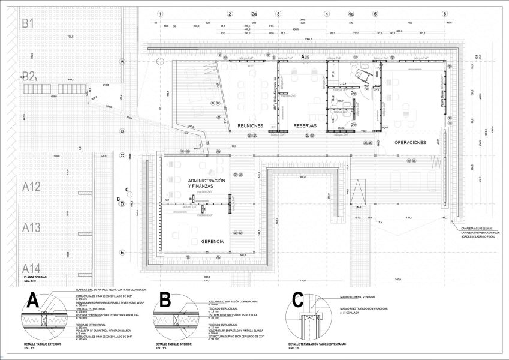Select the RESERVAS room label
coord(305,125)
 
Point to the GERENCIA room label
coord(213,241)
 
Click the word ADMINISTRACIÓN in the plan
coord(207,181)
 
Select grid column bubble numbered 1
coord(159,14)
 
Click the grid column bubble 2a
coord(254,14)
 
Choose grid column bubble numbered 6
coord(445,14)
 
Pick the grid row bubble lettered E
coord(122,252)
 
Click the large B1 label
coord(28,24)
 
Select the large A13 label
coord(31,227)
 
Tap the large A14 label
coord(31,268)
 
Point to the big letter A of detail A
coord(34,299)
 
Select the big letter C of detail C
coord(297,299)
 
